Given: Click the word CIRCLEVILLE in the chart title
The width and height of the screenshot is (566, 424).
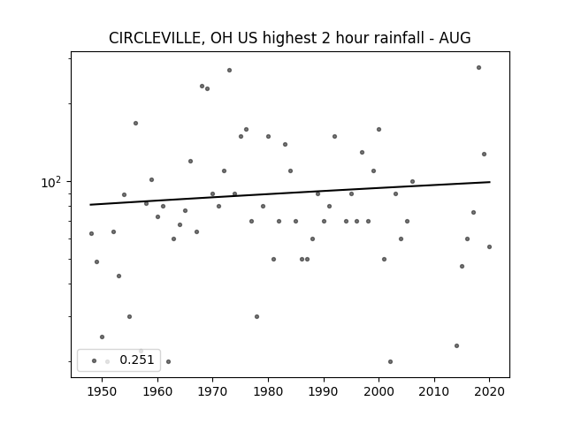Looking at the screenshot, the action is point(154,38).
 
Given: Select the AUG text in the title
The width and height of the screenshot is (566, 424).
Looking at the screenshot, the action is point(455,38).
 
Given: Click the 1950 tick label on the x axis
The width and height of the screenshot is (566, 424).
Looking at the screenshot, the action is point(103,391).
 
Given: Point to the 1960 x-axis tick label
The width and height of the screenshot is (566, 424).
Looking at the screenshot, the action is point(157,391).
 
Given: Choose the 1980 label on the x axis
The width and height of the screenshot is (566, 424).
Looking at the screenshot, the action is point(268,391).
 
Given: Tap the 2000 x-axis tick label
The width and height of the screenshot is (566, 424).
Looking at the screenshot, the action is point(379,391).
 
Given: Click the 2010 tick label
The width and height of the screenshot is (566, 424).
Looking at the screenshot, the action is point(434,391).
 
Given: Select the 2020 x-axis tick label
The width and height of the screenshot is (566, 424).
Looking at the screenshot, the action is point(489,391).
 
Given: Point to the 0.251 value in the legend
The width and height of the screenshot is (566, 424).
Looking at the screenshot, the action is point(137,360).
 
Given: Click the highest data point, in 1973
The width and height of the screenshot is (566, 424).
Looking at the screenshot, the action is point(229,71).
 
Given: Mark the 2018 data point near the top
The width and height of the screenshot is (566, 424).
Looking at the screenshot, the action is point(478,67).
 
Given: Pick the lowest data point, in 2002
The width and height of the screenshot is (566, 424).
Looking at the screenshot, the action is point(390,361).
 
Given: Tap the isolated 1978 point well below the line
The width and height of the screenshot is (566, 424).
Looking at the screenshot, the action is point(256,316).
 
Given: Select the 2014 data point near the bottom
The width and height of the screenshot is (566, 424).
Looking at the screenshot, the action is point(456,345).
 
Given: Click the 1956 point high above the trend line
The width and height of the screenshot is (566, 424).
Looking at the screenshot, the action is point(135,124).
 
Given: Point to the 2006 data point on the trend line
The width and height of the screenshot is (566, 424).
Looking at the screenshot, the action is point(412,182).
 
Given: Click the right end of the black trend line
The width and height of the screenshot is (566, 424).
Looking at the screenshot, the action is point(490,182).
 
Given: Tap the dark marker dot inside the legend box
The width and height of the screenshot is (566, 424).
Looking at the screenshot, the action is point(95,360).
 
